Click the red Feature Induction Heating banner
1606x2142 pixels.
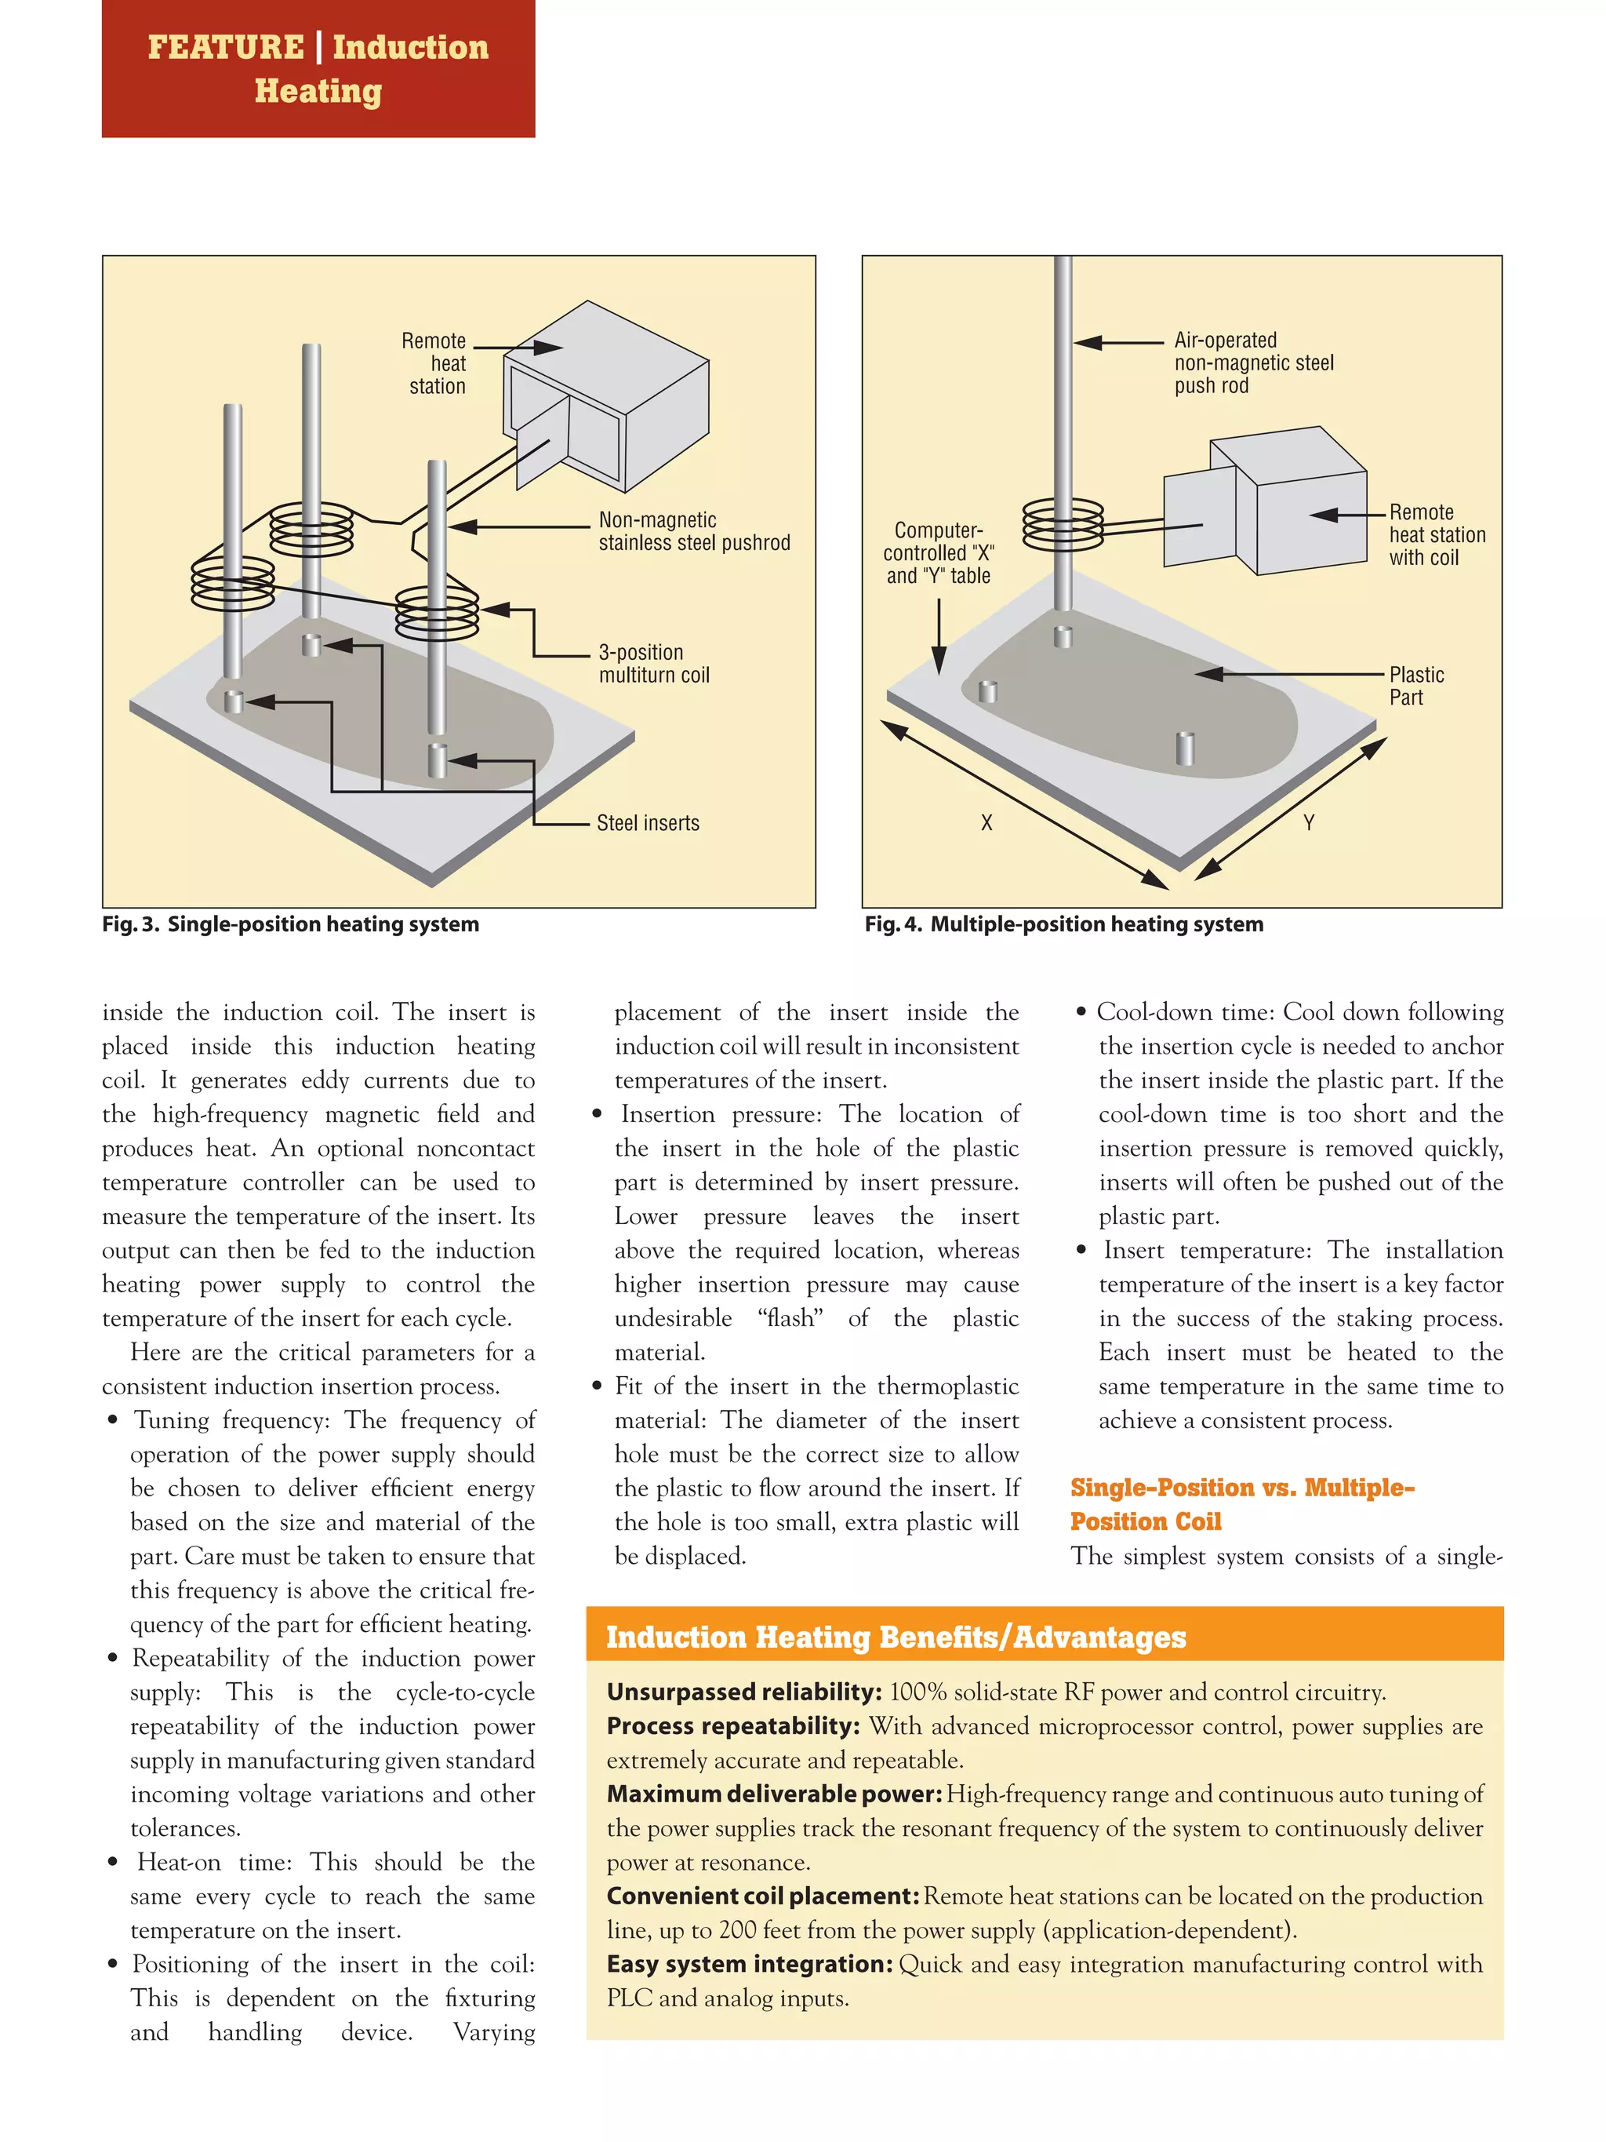click(318, 69)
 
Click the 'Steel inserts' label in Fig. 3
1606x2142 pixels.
click(648, 823)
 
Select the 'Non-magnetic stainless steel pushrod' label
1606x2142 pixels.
click(693, 532)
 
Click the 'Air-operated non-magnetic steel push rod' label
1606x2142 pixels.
click(1252, 363)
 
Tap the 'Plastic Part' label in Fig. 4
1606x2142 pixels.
click(1415, 686)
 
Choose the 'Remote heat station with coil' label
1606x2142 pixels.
click(1436, 534)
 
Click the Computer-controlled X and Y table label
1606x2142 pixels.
click(937, 553)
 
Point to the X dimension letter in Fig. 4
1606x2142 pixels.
click(986, 823)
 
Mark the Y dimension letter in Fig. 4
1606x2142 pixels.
click(1308, 823)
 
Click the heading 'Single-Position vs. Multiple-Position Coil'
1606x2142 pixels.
click(1241, 1504)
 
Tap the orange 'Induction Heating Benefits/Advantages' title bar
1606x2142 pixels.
click(1044, 1637)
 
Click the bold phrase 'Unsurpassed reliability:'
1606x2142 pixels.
click(743, 1692)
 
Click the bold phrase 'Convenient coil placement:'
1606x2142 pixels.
click(763, 1896)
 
